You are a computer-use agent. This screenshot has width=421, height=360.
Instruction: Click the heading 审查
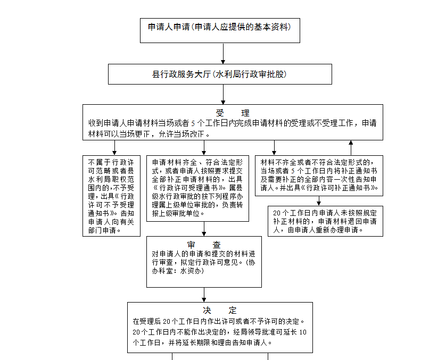point(204,245)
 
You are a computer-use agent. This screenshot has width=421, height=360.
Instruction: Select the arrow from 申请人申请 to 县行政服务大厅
point(223,54)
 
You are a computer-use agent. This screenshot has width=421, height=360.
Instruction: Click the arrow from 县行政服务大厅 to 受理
point(223,95)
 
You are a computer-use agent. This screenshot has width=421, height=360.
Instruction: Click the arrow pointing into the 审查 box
point(204,229)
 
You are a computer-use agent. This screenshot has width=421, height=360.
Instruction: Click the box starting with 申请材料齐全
point(197,188)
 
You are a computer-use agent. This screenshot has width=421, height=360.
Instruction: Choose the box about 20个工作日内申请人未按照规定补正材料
point(325,221)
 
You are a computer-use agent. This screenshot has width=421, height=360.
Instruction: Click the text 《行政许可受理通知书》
point(186,188)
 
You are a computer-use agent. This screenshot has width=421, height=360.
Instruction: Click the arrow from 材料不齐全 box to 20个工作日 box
point(319,201)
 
